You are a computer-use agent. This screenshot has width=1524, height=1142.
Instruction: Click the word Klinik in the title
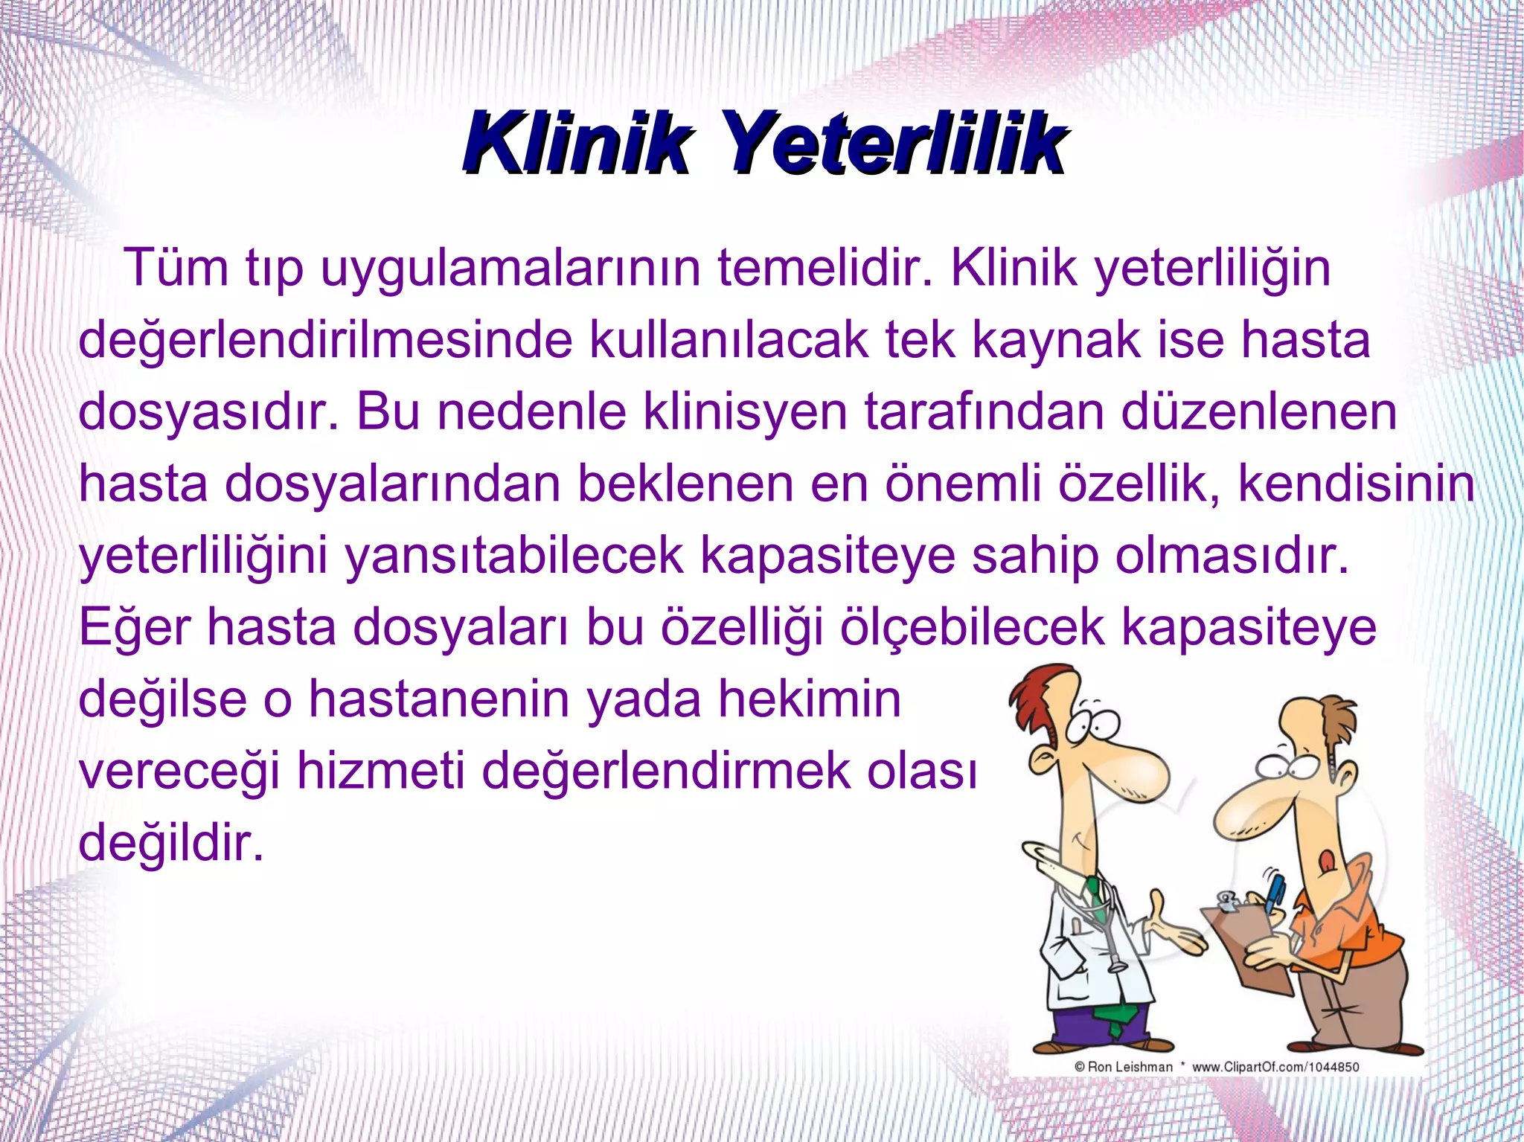(577, 143)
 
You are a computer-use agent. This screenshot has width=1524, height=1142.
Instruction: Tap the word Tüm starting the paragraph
(176, 267)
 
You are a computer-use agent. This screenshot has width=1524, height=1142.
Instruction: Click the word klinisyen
(745, 412)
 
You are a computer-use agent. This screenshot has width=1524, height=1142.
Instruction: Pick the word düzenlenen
(1258, 412)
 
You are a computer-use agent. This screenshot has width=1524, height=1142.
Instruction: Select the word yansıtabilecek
(513, 556)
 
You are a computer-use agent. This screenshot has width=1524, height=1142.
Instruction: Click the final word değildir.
(171, 843)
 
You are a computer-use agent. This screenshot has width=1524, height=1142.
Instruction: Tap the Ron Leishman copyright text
(1124, 1067)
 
